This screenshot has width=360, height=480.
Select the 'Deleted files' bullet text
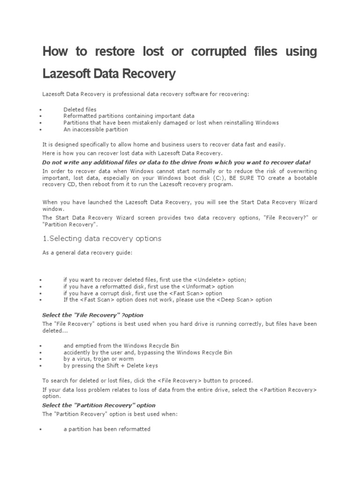[80, 109]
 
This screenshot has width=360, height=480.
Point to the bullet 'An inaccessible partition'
[96, 129]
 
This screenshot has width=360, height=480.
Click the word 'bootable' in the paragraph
[305, 178]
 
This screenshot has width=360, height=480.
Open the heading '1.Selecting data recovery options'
[102, 239]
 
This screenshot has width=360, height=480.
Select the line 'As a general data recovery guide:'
[87, 253]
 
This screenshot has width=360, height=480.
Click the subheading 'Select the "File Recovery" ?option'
[93, 315]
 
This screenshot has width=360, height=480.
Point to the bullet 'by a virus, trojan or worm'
[98, 359]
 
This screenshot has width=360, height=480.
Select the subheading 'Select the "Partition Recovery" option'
[98, 405]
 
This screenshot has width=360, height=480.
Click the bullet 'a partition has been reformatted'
[107, 429]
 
